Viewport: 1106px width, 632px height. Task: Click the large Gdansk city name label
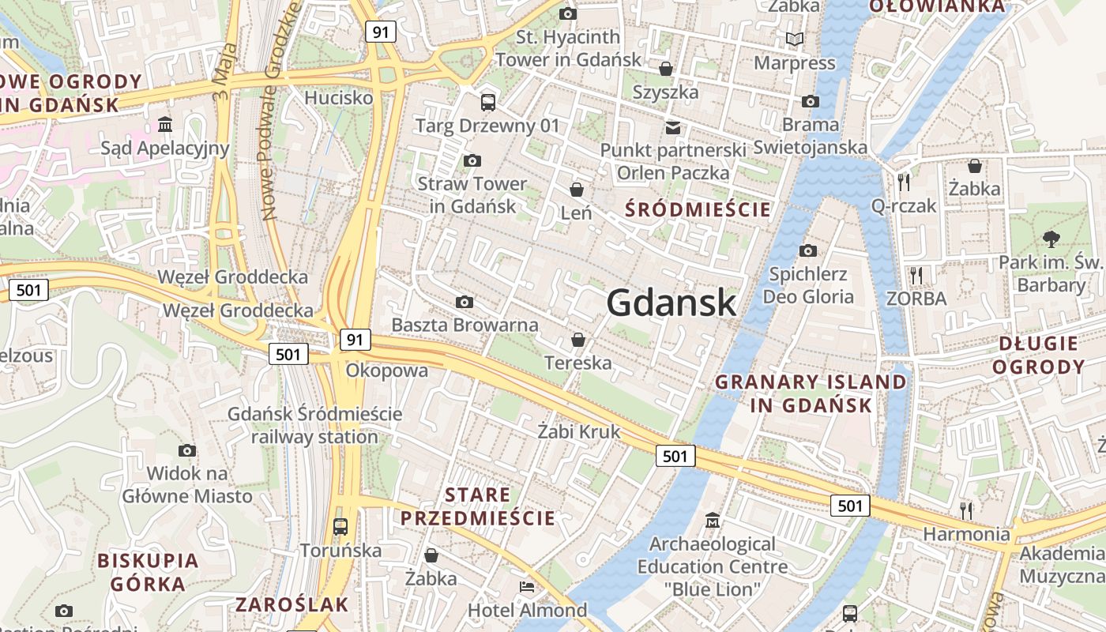[x=671, y=303]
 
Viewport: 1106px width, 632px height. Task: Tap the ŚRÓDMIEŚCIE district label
[x=698, y=209]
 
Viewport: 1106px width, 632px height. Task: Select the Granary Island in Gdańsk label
[x=811, y=393]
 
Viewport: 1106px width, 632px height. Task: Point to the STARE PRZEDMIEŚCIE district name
[x=477, y=507]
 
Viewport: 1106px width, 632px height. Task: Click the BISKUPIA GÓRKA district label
[x=148, y=572]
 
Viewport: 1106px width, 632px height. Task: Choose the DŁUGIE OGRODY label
[x=1038, y=355]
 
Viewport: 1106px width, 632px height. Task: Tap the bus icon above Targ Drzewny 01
[x=487, y=102]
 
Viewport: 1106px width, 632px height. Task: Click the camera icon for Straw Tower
[x=472, y=161]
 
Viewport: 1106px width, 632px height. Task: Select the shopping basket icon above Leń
[x=577, y=190]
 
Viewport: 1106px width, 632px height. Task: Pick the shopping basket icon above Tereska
[x=578, y=340]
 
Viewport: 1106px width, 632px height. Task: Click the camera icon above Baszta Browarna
[x=465, y=302]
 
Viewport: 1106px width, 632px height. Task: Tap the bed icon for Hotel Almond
[x=527, y=587]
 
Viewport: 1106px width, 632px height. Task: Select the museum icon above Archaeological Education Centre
[x=713, y=520]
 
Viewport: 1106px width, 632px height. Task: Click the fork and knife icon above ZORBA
[x=916, y=275]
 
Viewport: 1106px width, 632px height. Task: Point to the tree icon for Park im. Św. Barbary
[x=1051, y=238]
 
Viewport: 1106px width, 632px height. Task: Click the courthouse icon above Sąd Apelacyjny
[x=166, y=124]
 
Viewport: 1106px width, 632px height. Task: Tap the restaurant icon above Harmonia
[x=965, y=510]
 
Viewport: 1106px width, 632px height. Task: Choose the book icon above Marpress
[x=794, y=39]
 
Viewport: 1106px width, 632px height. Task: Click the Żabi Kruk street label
[x=579, y=432]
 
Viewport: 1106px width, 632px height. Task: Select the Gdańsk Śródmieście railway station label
[x=314, y=425]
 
